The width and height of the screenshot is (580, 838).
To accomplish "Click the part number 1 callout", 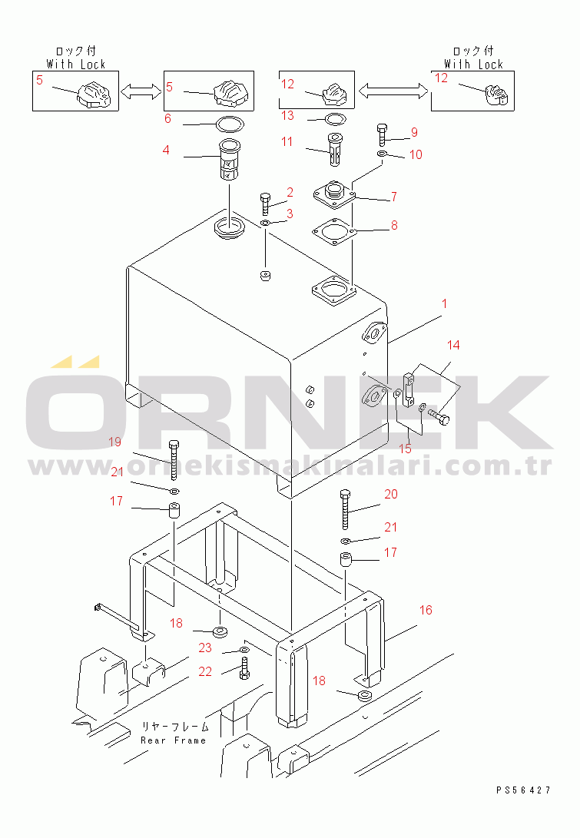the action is [444, 303].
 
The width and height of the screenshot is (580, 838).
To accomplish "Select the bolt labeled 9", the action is [382, 134].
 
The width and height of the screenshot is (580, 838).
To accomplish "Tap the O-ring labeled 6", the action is [230, 124].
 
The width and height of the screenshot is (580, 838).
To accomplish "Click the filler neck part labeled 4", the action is [230, 160].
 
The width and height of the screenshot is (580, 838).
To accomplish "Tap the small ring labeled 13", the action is [335, 118].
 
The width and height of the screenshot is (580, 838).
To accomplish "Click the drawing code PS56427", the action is [523, 790].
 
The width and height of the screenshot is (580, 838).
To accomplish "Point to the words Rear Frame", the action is [173, 740].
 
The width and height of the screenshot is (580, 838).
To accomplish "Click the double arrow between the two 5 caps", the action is [141, 91].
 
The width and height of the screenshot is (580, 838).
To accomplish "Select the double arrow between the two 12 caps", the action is [393, 91].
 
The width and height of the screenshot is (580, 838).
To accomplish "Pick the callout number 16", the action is [426, 610].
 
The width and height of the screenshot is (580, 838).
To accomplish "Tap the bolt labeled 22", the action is [244, 668].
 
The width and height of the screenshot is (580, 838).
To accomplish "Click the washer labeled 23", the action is [244, 649].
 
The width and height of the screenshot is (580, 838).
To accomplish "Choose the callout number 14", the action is [453, 345].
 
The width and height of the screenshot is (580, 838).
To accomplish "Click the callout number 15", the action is [406, 449].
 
